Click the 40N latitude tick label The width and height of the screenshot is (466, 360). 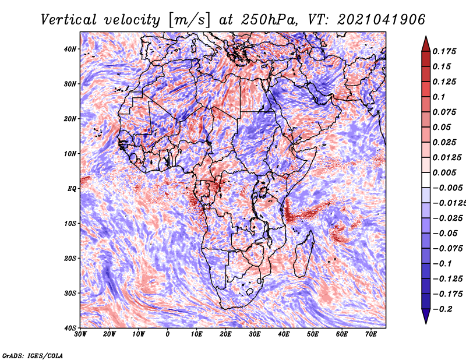point(70,49)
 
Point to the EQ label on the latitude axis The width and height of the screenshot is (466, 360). point(72,189)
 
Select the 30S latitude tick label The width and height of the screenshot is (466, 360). point(70,294)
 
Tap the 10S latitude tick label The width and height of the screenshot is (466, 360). point(70,224)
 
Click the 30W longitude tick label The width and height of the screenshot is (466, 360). point(80,334)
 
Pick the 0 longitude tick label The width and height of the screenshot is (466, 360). point(168,334)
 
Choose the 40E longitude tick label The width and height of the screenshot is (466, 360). point(284,334)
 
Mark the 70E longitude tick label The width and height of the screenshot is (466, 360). point(371,334)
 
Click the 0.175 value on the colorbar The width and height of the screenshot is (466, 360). point(444,51)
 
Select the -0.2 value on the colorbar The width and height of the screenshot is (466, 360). point(443,309)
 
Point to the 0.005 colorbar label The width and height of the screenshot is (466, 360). point(444,172)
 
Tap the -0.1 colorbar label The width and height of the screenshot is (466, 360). point(443,264)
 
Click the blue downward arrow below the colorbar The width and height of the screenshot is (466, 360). point(426,316)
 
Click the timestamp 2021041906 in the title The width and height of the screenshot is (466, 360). point(382,20)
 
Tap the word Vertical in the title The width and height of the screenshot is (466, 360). point(69,20)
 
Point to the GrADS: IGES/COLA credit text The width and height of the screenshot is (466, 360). point(33,355)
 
